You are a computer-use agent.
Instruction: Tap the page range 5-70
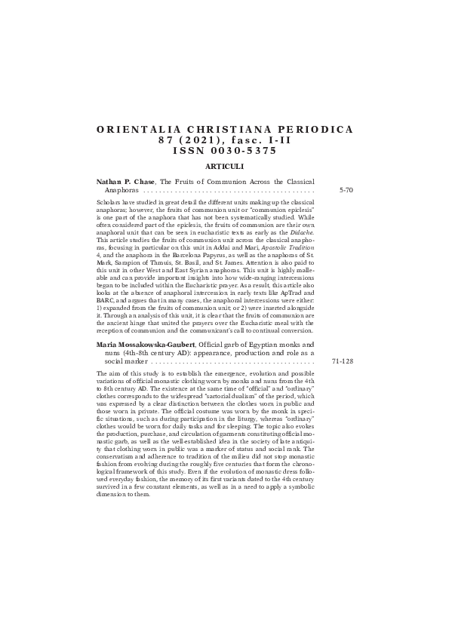tap(346, 191)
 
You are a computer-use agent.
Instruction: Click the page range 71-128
tap(343, 361)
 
